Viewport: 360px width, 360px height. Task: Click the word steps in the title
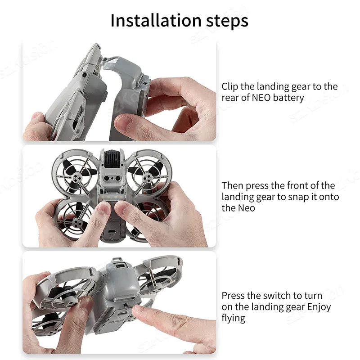coord(227,22)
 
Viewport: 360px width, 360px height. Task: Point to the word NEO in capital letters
coord(261,98)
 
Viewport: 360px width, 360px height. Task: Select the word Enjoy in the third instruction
coord(319,307)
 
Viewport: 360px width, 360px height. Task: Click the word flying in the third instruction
coord(233,319)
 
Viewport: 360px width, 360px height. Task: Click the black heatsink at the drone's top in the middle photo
coord(112,158)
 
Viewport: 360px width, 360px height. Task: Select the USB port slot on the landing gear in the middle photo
coord(112,232)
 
